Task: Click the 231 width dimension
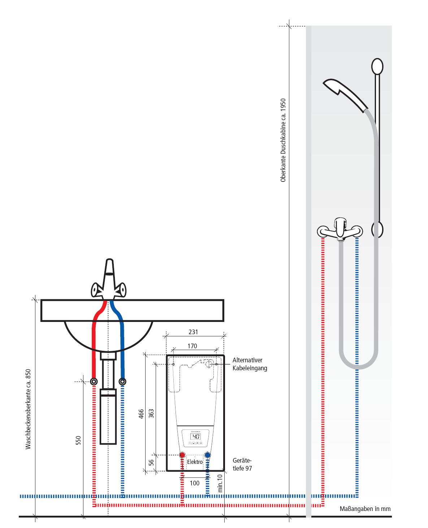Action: (x=194, y=332)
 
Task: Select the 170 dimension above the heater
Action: (x=193, y=346)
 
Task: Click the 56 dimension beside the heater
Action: (x=152, y=462)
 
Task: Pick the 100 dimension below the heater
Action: (x=194, y=483)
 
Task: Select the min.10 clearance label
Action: (x=220, y=483)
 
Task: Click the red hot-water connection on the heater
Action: (x=182, y=455)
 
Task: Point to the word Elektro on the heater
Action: (x=194, y=462)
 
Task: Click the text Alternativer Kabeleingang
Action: (x=250, y=364)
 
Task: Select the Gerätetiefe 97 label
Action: (x=242, y=464)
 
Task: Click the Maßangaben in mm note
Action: (x=365, y=509)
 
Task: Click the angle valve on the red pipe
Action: (x=94, y=381)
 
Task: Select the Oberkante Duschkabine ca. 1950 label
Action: (x=283, y=140)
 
